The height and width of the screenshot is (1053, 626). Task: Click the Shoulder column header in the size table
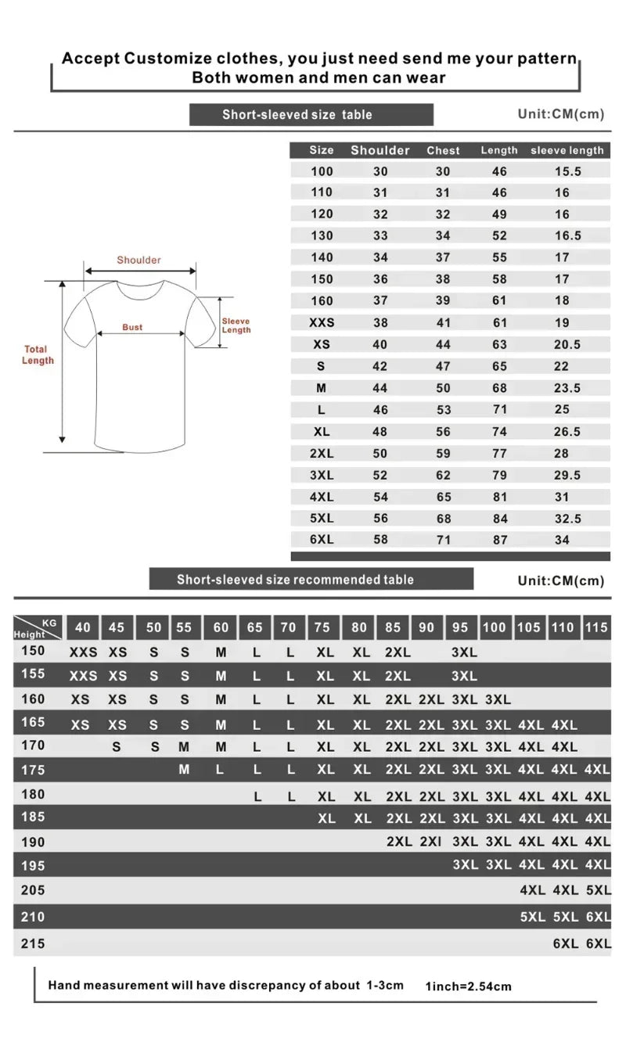(x=380, y=150)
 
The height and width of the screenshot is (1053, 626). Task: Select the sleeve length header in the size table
(x=567, y=150)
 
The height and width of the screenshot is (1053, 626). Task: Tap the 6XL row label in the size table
(x=321, y=540)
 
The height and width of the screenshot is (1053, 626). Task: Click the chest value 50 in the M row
(x=443, y=388)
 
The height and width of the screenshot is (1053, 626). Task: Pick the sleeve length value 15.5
(x=567, y=171)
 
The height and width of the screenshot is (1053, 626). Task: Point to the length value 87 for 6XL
(x=499, y=540)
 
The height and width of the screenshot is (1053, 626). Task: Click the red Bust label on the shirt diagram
(x=132, y=327)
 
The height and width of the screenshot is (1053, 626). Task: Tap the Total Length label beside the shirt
(x=38, y=355)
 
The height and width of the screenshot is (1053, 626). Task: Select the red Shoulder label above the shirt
(x=139, y=260)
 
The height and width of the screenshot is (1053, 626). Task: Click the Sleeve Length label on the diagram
(x=236, y=325)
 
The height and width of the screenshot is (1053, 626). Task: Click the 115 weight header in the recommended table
(x=596, y=627)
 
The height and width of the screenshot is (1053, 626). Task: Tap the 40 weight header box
(x=83, y=627)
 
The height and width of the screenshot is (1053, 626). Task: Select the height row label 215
(x=33, y=943)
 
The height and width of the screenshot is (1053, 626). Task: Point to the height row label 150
(x=33, y=651)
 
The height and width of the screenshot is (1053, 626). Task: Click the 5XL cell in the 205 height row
(x=598, y=890)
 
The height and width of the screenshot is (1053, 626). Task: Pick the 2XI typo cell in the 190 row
(x=430, y=842)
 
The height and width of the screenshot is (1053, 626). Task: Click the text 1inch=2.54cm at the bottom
(x=468, y=987)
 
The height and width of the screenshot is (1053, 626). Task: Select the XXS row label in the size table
(x=321, y=322)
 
